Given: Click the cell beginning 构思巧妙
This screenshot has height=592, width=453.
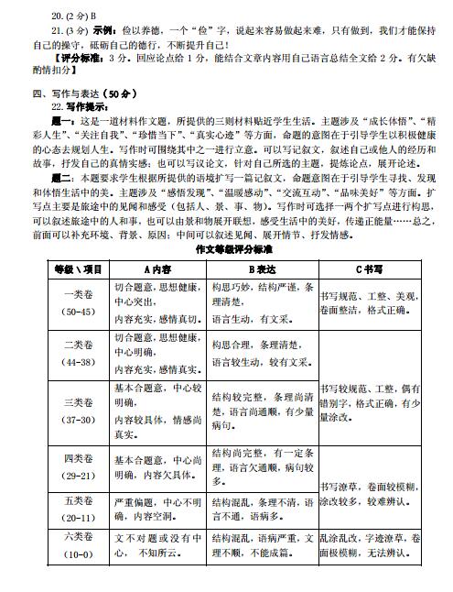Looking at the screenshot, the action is pos(262,304).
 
